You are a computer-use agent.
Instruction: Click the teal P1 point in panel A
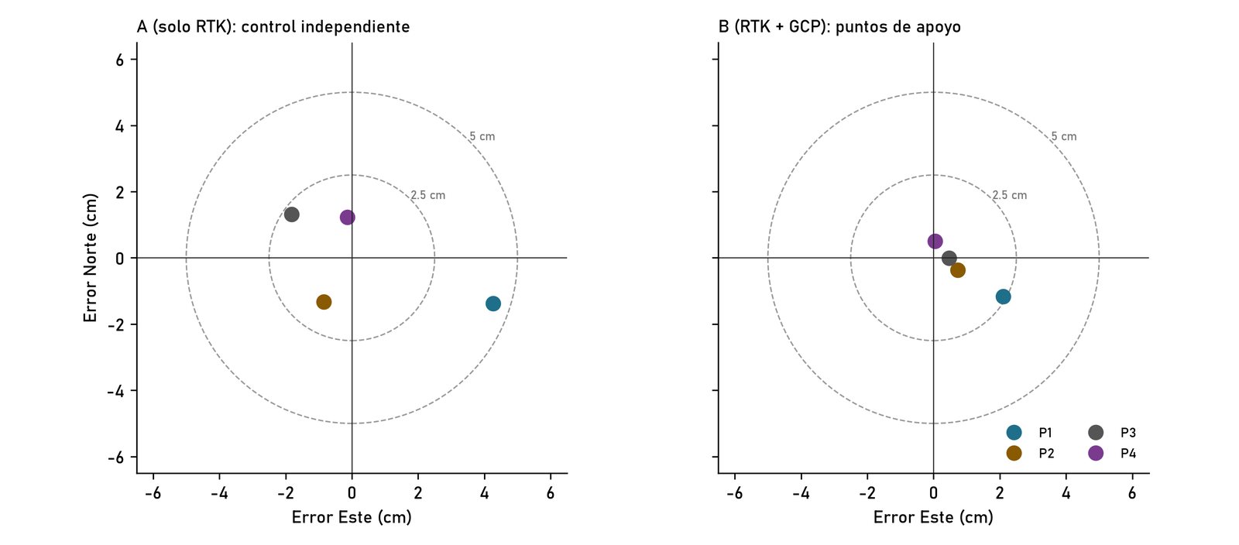click(x=493, y=303)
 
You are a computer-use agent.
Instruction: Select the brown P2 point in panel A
click(x=324, y=302)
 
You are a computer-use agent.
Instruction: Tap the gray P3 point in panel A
click(x=291, y=214)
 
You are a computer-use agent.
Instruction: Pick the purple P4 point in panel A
click(x=348, y=218)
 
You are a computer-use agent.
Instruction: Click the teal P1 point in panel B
click(x=1003, y=296)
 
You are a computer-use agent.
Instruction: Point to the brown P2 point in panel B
click(x=957, y=270)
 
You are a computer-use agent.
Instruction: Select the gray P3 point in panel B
click(x=949, y=258)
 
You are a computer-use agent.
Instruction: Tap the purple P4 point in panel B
click(x=935, y=241)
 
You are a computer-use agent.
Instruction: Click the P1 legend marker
click(x=1014, y=432)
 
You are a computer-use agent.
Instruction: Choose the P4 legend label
click(x=1127, y=453)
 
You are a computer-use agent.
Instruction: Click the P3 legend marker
click(x=1096, y=432)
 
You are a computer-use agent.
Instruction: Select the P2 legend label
click(x=1046, y=453)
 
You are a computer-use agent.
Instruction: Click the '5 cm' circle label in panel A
click(x=482, y=136)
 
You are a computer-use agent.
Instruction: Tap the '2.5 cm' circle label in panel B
click(x=1010, y=195)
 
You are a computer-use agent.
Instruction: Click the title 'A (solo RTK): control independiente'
click(x=273, y=26)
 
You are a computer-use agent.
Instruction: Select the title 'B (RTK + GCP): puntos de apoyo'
click(x=839, y=26)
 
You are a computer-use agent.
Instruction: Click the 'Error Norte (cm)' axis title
click(x=90, y=258)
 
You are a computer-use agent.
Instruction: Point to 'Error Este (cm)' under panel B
click(x=933, y=517)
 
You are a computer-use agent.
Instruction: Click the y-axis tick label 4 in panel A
click(x=120, y=126)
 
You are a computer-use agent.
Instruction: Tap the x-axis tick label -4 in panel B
click(x=801, y=493)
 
